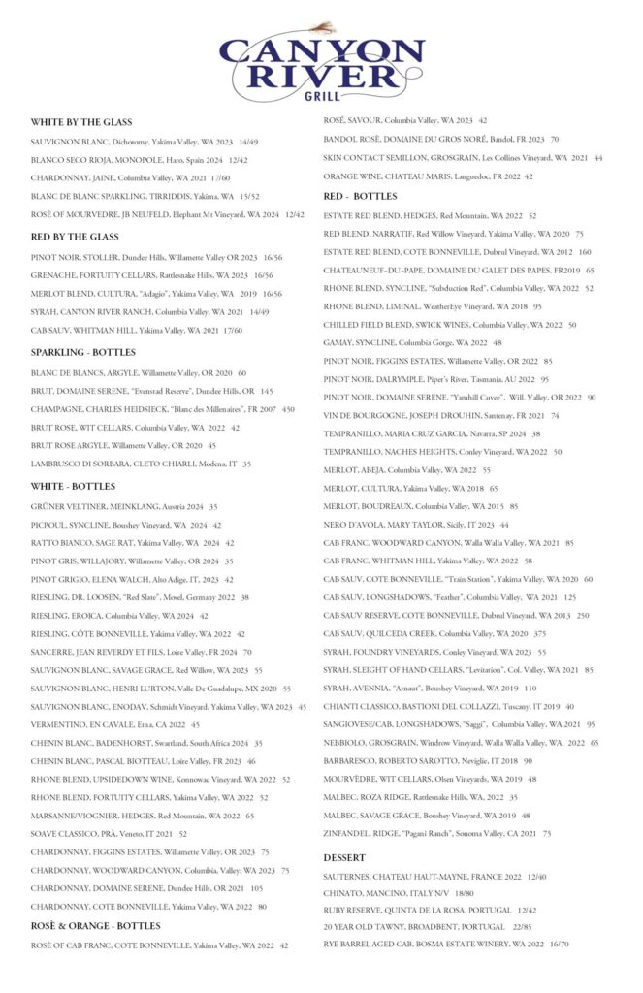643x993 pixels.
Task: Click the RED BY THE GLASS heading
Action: (x=75, y=237)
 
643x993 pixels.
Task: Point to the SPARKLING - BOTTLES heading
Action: (x=83, y=352)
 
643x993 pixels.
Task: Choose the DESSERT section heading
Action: (x=344, y=857)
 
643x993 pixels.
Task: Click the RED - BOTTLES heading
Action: (x=362, y=197)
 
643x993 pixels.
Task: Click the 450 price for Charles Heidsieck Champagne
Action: (x=288, y=409)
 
